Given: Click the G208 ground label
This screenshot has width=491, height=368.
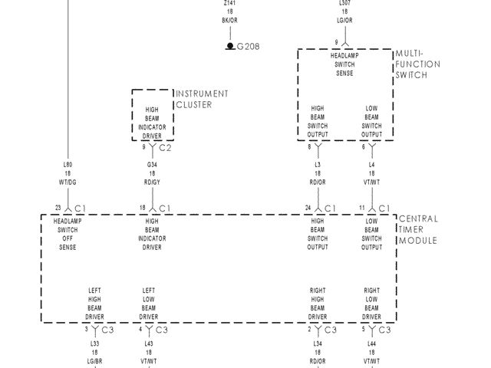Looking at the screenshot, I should [x=248, y=46].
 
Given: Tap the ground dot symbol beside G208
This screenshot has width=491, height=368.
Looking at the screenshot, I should [x=229, y=46].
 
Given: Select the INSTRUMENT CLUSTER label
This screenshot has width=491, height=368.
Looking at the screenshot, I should [x=202, y=99].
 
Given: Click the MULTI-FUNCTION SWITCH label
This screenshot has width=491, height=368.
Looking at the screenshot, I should [x=417, y=64].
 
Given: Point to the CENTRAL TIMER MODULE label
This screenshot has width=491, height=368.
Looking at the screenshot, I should [x=418, y=229].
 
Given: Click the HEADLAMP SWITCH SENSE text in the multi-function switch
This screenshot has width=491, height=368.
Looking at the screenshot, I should [x=344, y=64].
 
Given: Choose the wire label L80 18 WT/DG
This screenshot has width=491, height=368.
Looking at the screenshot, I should [x=68, y=172].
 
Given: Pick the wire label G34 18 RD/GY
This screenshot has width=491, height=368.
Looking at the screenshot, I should [x=152, y=172].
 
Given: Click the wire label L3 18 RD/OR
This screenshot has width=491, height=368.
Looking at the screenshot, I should [x=318, y=172].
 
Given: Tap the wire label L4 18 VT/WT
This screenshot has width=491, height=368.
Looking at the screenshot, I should [x=371, y=172].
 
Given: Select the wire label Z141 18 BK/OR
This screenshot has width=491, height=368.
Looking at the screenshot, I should [x=229, y=11].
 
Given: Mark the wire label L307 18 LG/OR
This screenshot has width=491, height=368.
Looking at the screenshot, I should [x=345, y=11].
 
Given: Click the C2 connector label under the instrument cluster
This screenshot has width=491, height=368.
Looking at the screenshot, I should [x=165, y=147].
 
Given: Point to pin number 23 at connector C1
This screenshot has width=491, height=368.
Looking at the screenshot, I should [x=58, y=207].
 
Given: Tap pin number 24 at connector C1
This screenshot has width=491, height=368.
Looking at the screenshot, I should [x=308, y=207].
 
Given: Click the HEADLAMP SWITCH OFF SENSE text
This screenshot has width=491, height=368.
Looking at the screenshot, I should [x=68, y=234].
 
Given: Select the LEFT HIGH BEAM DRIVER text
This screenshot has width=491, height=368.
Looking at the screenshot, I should [x=94, y=303].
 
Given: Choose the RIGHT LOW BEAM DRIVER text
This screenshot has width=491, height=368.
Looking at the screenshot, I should [x=371, y=303].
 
